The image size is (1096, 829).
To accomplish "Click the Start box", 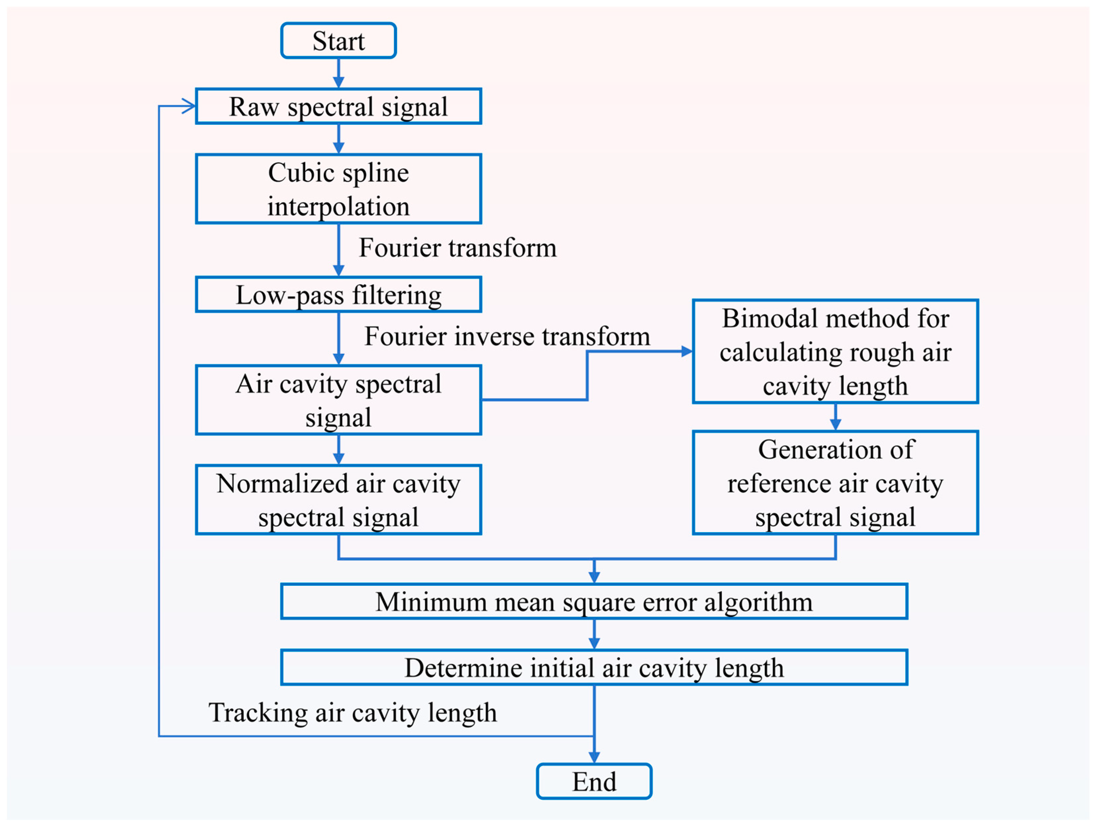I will (339, 41).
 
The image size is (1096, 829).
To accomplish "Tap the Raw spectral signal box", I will (339, 106).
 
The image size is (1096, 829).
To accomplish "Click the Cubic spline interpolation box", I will (339, 189).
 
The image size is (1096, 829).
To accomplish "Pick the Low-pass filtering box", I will (339, 295).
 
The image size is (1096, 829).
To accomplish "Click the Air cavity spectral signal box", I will (339, 400).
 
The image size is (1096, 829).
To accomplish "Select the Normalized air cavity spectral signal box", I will (339, 500).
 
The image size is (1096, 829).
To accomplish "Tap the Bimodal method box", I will (835, 351).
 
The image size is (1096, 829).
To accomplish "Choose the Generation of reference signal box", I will (835, 483).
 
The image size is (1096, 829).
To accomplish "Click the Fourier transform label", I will (457, 248).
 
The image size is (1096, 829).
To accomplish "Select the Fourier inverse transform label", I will (507, 336).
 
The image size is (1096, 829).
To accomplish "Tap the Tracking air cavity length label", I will (352, 713).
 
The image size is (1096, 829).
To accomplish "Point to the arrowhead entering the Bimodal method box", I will (687, 351).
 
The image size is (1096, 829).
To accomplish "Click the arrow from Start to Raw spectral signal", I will (339, 73).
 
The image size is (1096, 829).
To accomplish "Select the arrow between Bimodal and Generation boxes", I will (835, 417).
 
